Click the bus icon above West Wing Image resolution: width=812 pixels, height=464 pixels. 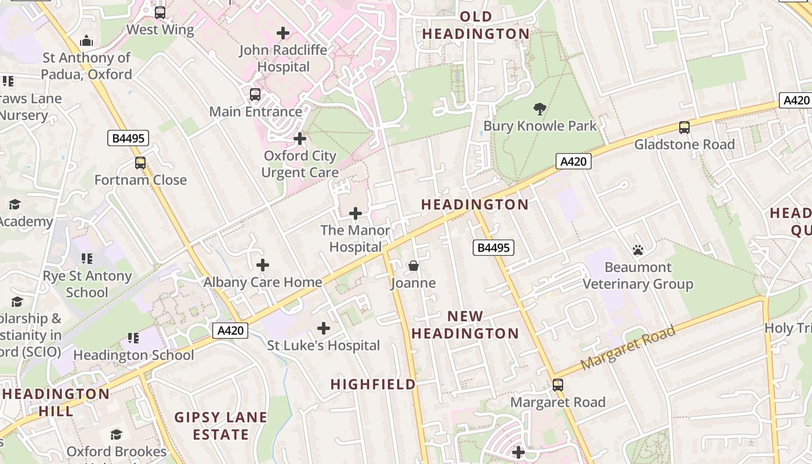click(x=160, y=12)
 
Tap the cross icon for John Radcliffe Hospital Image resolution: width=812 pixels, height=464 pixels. click(x=283, y=33)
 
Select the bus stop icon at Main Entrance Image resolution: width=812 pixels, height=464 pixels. click(x=255, y=95)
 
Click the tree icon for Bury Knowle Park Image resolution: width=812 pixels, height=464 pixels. click(x=539, y=108)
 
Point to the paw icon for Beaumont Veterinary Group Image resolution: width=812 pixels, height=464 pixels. click(x=638, y=250)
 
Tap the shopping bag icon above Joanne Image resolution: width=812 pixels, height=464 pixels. click(x=414, y=266)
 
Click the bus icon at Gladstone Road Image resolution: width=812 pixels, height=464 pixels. click(x=684, y=128)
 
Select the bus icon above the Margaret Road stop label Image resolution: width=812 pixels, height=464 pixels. click(x=558, y=385)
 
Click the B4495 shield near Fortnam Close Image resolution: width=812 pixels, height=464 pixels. click(x=128, y=138)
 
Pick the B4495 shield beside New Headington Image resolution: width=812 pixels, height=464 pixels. click(x=493, y=248)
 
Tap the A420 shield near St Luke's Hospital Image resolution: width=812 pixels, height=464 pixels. click(x=230, y=331)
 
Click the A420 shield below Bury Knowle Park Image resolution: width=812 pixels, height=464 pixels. click(x=574, y=161)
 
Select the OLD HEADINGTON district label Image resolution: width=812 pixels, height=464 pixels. click(x=476, y=25)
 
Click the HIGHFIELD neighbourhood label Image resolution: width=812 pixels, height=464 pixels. click(x=374, y=384)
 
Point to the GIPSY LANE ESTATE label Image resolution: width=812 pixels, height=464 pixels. click(x=221, y=425)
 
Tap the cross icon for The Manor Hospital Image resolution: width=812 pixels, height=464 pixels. click(x=356, y=213)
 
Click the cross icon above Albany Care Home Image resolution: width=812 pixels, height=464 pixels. click(x=263, y=265)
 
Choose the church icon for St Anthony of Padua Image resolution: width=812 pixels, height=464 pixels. click(x=86, y=41)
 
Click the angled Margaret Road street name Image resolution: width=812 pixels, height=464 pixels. click(x=628, y=347)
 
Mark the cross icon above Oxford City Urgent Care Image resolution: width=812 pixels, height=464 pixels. click(x=300, y=139)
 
